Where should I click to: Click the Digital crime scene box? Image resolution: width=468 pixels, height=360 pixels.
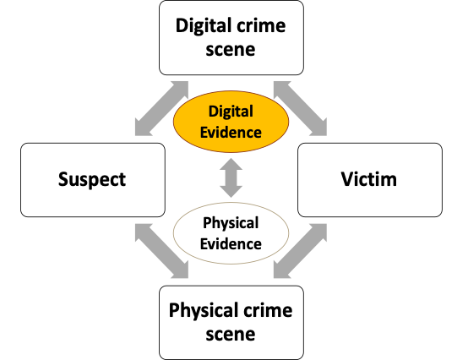(231, 38)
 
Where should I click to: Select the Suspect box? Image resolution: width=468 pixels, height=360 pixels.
(93, 180)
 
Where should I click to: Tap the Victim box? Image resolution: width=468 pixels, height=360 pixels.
(370, 180)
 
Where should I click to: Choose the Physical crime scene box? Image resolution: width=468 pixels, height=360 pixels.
(231, 323)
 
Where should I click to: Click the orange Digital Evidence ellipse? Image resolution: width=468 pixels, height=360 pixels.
(231, 122)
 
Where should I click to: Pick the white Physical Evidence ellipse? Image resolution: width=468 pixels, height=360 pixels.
(231, 233)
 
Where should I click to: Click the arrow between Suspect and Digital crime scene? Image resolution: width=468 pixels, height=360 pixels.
(161, 108)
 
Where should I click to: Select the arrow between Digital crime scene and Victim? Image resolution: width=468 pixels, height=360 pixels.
(300, 108)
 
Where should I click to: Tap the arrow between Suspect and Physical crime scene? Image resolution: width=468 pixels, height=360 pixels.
(161, 251)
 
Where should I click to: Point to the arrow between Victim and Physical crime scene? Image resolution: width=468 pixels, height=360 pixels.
(300, 251)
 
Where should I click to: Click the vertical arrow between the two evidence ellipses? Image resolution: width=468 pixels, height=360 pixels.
(231, 177)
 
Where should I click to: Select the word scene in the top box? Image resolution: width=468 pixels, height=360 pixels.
(231, 50)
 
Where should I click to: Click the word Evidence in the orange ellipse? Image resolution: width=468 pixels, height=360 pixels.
(231, 133)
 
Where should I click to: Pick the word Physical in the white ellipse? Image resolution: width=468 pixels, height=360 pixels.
(231, 224)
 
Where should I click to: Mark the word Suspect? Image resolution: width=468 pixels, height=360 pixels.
(92, 180)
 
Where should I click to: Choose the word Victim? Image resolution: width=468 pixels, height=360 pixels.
(369, 179)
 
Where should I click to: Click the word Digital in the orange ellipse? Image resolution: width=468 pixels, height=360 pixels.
(231, 112)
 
